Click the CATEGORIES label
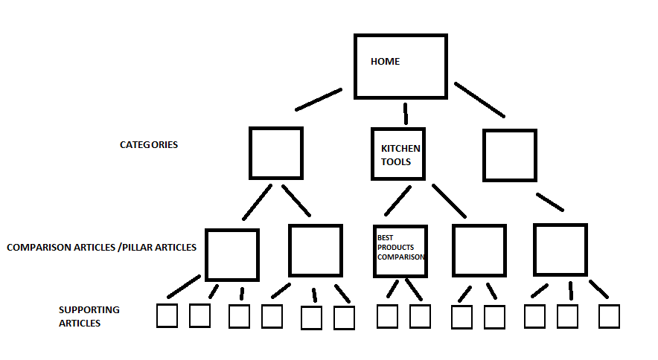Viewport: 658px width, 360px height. point(149,145)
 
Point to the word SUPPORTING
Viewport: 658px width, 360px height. point(89,309)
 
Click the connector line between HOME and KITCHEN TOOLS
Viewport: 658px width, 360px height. point(406,114)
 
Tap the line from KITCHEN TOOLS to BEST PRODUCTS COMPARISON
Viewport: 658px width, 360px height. point(397,201)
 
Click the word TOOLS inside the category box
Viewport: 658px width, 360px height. point(396,162)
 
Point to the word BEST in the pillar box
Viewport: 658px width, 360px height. point(385,237)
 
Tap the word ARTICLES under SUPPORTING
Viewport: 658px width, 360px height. point(80,323)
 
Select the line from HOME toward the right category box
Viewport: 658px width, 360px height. point(479,100)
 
